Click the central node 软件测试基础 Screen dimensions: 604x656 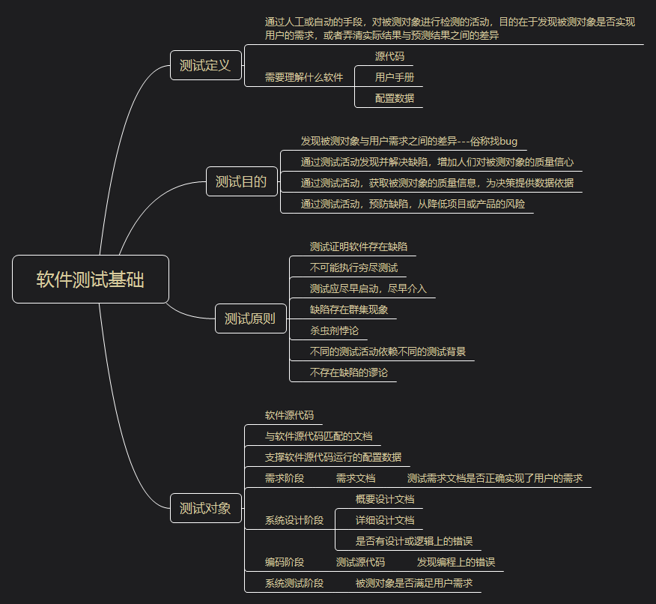pyautogui.click(x=91, y=280)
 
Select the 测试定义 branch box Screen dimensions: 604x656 pyautogui.click(x=206, y=66)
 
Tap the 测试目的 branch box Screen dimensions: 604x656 pyautogui.click(x=241, y=181)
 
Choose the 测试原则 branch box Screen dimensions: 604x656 pyautogui.click(x=250, y=318)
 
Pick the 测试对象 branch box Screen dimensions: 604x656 pyautogui.click(x=206, y=509)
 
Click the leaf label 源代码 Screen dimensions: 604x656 pyautogui.click(x=389, y=56)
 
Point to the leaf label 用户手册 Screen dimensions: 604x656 pyautogui.click(x=395, y=77)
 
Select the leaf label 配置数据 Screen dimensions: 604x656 pyautogui.click(x=395, y=98)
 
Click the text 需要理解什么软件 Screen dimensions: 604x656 pyautogui.click(x=304, y=77)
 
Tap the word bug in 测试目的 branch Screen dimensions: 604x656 pyautogui.click(x=508, y=141)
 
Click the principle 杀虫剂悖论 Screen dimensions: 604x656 pyautogui.click(x=334, y=330)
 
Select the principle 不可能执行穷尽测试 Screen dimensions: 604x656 pyautogui.click(x=353, y=268)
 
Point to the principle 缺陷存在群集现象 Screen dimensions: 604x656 pyautogui.click(x=349, y=309)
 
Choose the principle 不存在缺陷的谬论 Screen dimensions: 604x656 pyautogui.click(x=349, y=372)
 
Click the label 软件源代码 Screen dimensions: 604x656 pyautogui.click(x=289, y=415)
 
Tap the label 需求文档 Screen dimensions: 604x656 pyautogui.click(x=356, y=478)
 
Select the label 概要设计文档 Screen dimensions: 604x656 pyautogui.click(x=385, y=499)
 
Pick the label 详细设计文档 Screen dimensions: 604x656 pyautogui.click(x=385, y=520)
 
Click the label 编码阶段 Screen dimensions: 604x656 pyautogui.click(x=285, y=562)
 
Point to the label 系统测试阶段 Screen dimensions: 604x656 pyautogui.click(x=294, y=583)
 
